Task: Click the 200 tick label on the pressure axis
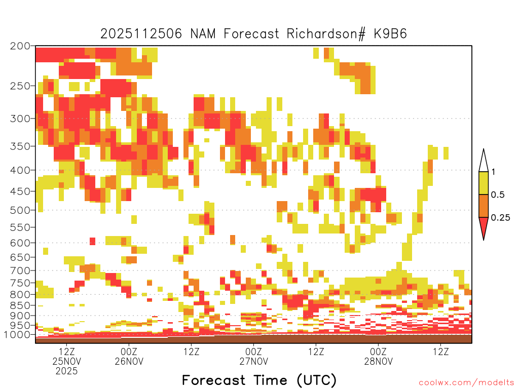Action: pyautogui.click(x=20, y=46)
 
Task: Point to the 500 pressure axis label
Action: pyautogui.click(x=20, y=210)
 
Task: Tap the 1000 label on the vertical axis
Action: pyautogui.click(x=17, y=335)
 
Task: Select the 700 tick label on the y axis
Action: pyautogui.click(x=20, y=270)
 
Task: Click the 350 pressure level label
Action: pyautogui.click(x=20, y=146)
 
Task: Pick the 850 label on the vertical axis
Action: pyautogui.click(x=20, y=305)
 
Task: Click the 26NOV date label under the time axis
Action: pyautogui.click(x=129, y=361)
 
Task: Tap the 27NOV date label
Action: pyautogui.click(x=254, y=361)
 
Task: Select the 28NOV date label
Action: pyautogui.click(x=379, y=361)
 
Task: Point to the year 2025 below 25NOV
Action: pyautogui.click(x=66, y=371)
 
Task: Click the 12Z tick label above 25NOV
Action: pyautogui.click(x=67, y=352)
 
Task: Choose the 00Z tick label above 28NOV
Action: pyautogui.click(x=378, y=352)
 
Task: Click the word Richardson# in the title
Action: pyautogui.click(x=326, y=34)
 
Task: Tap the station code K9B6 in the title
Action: pyautogui.click(x=390, y=34)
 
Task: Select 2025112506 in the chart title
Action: pyautogui.click(x=141, y=34)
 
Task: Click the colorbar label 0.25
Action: pyautogui.click(x=500, y=218)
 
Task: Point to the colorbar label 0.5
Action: pyautogui.click(x=498, y=195)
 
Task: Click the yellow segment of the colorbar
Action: pyautogui.click(x=484, y=183)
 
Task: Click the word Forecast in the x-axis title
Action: pyautogui.click(x=214, y=380)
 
